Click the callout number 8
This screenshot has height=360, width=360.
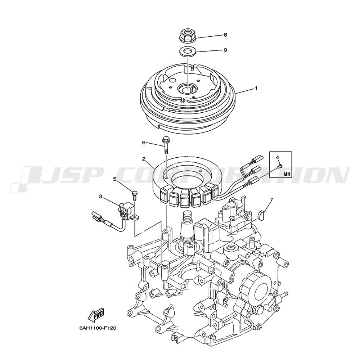(225, 35)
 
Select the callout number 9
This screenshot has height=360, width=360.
(225, 50)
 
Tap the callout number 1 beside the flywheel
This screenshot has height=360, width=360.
(256, 88)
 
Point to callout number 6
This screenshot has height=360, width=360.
(144, 143)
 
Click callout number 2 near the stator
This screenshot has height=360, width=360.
(144, 159)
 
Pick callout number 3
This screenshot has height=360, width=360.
(100, 196)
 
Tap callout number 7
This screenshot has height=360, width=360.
(271, 199)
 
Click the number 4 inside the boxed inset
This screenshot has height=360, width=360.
(277, 157)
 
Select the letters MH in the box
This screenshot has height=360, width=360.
(287, 174)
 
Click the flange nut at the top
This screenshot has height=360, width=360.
(188, 36)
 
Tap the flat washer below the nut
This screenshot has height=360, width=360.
(188, 51)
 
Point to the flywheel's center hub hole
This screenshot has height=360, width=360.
(188, 89)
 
